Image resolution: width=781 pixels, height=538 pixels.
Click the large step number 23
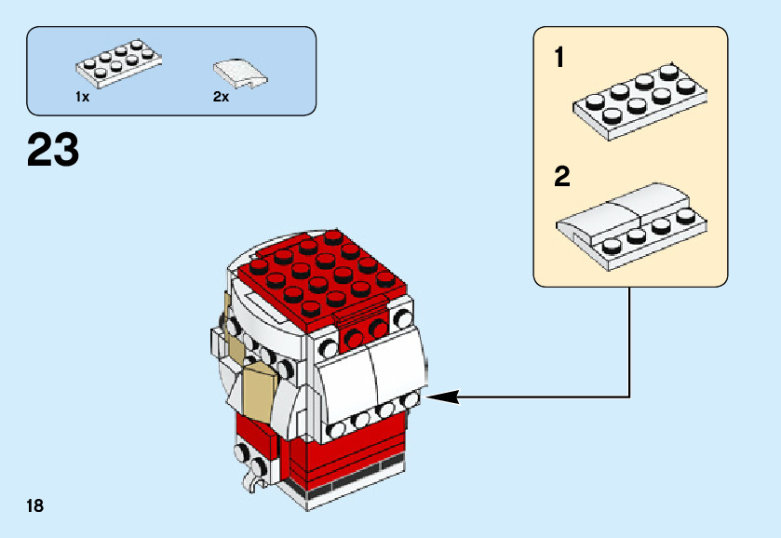tap(53, 150)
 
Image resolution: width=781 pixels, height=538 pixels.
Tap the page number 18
tap(34, 506)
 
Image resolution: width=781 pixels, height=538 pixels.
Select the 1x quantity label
tap(82, 97)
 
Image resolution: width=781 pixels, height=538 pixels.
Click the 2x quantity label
tap(221, 97)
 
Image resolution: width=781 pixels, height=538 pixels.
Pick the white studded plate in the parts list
tap(119, 64)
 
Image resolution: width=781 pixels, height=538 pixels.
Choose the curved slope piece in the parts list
tap(240, 74)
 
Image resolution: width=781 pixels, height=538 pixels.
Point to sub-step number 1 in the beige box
tap(559, 58)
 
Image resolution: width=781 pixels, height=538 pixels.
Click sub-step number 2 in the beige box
tap(562, 177)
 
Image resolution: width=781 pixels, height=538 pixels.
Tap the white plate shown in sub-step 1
tap(640, 102)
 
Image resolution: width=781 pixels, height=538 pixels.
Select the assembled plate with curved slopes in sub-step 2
tap(631, 227)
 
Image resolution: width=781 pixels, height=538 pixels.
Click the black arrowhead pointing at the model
tap(442, 397)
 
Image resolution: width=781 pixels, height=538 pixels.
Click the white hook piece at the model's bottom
tap(250, 480)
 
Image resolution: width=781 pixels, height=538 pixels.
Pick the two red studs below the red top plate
tap(366, 334)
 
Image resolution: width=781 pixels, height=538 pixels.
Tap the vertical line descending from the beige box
tap(629, 342)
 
